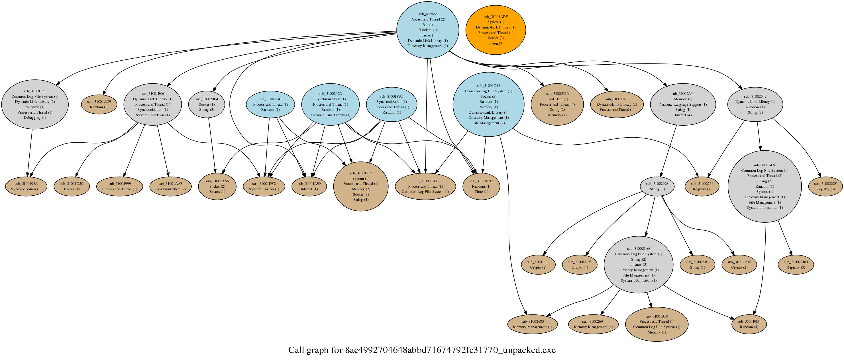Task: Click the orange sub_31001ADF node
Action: click(496, 30)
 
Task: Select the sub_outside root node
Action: click(428, 30)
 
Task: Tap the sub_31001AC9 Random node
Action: click(99, 105)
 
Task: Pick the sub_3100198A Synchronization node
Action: click(26, 186)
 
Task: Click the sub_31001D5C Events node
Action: click(72, 186)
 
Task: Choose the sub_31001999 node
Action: click(120, 186)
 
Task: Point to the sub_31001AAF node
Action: click(170, 186)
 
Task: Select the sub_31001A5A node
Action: click(217, 186)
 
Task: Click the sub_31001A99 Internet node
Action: click(309, 186)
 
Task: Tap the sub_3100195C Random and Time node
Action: click(481, 186)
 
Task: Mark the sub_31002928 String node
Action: click(657, 186)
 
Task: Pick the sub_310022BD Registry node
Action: click(796, 265)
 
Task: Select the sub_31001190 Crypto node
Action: click(538, 265)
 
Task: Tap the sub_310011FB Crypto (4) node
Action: click(579, 265)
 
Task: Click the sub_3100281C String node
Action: click(697, 265)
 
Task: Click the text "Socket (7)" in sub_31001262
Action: click(361, 194)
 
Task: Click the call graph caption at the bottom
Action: click(422, 350)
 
